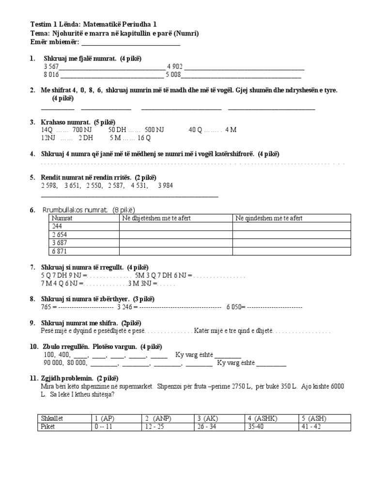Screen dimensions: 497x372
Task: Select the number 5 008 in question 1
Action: pos(173,75)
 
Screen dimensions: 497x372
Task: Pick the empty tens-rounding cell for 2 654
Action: pos(175,235)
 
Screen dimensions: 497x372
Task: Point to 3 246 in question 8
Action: pos(125,307)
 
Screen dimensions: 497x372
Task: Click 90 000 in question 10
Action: pos(54,363)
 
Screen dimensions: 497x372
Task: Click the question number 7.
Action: pos(32,267)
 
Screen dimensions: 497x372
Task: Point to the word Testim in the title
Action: pos(42,24)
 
